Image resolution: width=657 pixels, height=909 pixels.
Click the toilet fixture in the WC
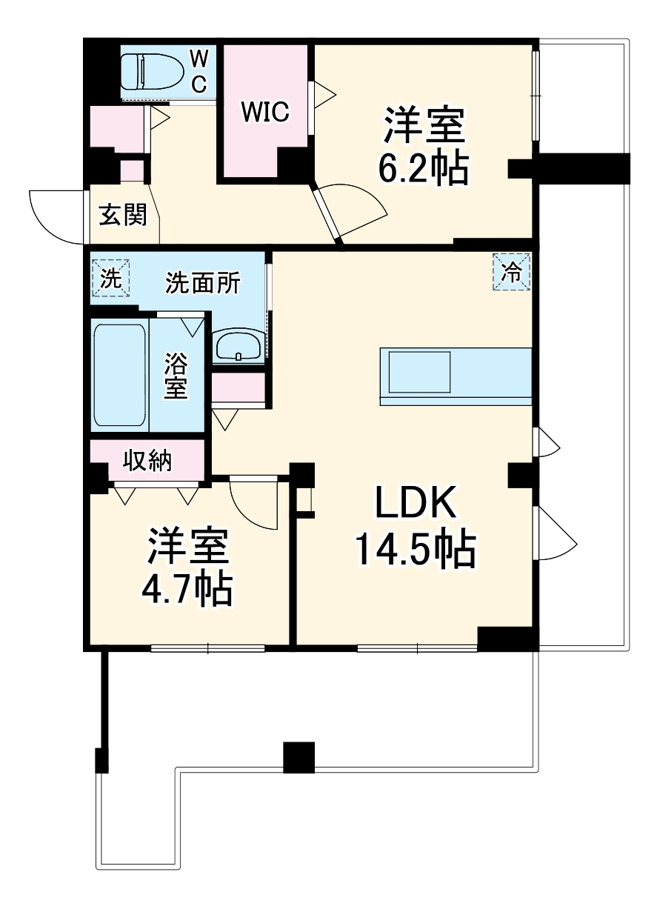pos(146,72)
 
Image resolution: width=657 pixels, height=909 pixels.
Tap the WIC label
pos(265,112)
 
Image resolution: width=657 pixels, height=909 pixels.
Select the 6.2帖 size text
pos(423,168)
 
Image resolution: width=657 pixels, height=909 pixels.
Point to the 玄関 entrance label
pos(123,214)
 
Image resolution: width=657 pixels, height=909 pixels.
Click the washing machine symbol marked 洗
pos(111,279)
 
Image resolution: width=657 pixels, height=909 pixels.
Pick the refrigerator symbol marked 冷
pos(511,272)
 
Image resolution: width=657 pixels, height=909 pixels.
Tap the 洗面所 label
pos(202,282)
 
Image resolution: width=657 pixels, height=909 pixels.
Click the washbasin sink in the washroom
pos(239,347)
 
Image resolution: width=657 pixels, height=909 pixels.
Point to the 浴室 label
pos(176,376)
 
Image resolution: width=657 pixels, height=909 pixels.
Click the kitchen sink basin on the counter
pos(419,372)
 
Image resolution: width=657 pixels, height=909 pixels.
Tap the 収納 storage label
pos(147,460)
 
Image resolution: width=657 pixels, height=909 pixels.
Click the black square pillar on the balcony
pos(299,757)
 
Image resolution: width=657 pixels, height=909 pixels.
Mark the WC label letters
pos(199,73)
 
